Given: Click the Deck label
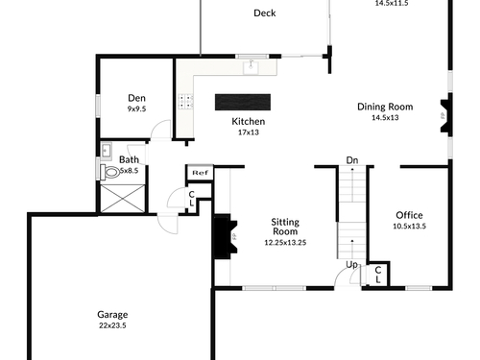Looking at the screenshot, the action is click(x=265, y=13).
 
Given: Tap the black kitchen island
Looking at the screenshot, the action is click(x=243, y=102).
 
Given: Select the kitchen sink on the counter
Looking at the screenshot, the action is click(x=251, y=67).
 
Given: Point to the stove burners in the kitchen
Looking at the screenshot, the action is click(x=186, y=102).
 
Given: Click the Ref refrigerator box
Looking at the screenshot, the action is click(x=200, y=173).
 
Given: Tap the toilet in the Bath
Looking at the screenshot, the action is click(x=109, y=172).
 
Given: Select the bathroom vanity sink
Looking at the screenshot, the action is click(x=106, y=151).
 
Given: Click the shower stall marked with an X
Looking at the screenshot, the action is click(x=123, y=199).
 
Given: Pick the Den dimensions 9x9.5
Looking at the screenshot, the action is click(x=136, y=108).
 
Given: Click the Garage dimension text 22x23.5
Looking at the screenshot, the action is click(x=112, y=325).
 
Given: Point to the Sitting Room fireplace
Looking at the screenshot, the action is click(x=226, y=237).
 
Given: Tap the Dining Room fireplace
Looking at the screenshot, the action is click(x=445, y=116).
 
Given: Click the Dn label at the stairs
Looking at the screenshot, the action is click(x=352, y=160).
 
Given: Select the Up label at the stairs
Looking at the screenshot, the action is click(x=351, y=265).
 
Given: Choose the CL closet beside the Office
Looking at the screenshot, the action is click(x=378, y=275).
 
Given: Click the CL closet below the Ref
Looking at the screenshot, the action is click(x=192, y=199).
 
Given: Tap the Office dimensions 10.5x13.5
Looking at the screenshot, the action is click(x=409, y=226).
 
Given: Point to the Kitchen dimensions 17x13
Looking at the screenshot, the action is click(x=249, y=132).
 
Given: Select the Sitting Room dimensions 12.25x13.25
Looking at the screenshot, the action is click(x=285, y=242).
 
